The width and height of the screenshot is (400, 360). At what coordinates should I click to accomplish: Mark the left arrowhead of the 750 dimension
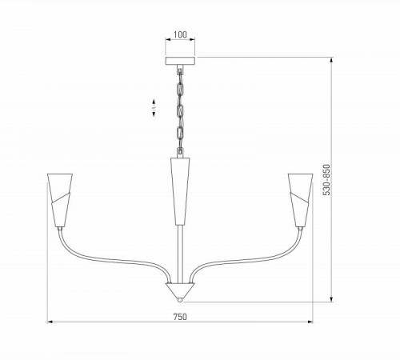pyautogui.click(x=50, y=323)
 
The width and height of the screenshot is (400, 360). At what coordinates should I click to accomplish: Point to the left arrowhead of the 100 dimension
pyautogui.click(x=166, y=42)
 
